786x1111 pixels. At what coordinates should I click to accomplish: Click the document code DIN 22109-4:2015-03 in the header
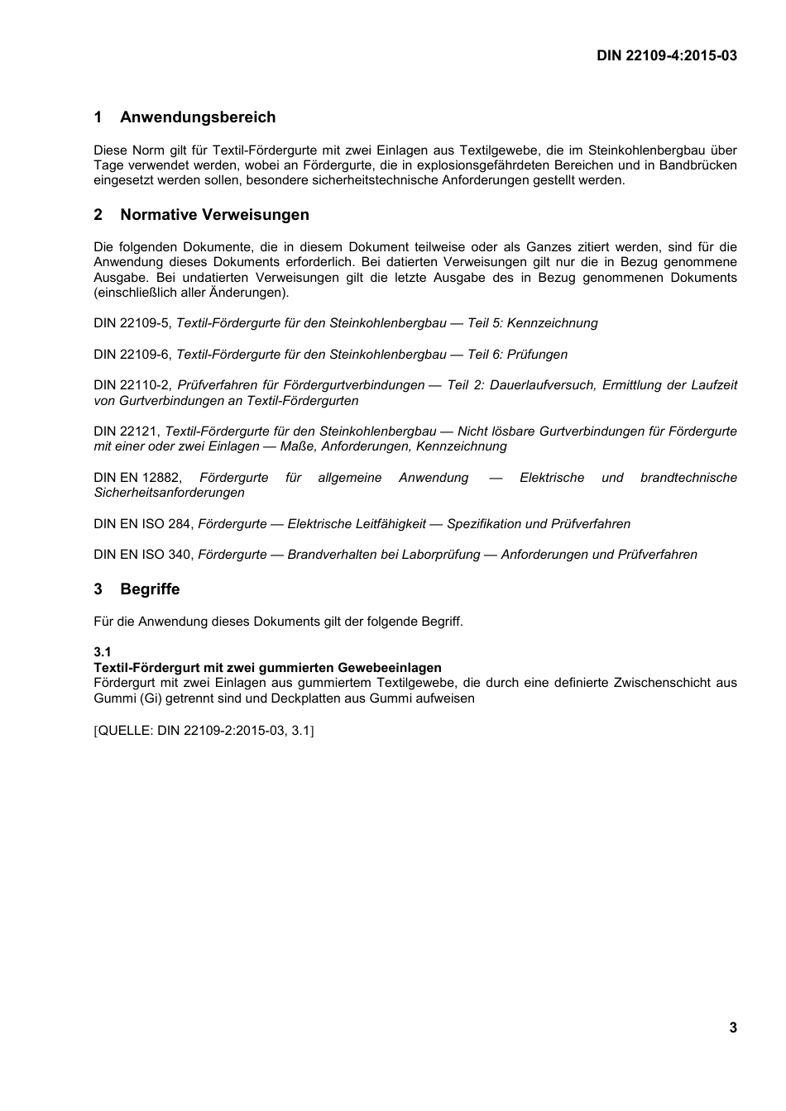pos(667,55)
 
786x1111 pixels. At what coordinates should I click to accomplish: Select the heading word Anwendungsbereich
pos(198,117)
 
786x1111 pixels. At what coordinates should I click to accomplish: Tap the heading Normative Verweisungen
pos(214,215)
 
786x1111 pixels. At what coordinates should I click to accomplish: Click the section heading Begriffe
pos(150,589)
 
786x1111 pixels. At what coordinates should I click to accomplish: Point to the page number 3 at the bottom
pos(732,1028)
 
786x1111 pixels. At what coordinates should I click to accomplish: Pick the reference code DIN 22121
pos(126,432)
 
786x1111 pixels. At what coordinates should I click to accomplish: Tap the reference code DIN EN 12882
pos(137,478)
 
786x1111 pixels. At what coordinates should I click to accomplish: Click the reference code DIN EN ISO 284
pos(143,524)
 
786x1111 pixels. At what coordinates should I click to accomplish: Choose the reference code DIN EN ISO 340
pos(143,555)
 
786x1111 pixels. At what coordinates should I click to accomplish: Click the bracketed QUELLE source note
pos(204,731)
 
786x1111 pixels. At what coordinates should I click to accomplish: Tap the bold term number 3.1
pos(103,652)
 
